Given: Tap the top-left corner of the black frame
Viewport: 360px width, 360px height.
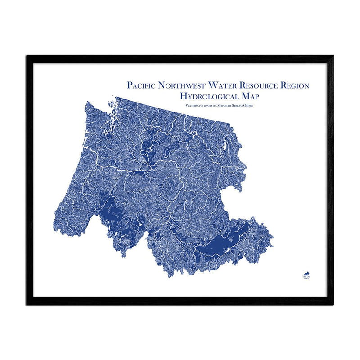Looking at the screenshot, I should coord(27,56).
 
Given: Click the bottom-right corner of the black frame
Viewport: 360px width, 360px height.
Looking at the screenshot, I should coord(333,304).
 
